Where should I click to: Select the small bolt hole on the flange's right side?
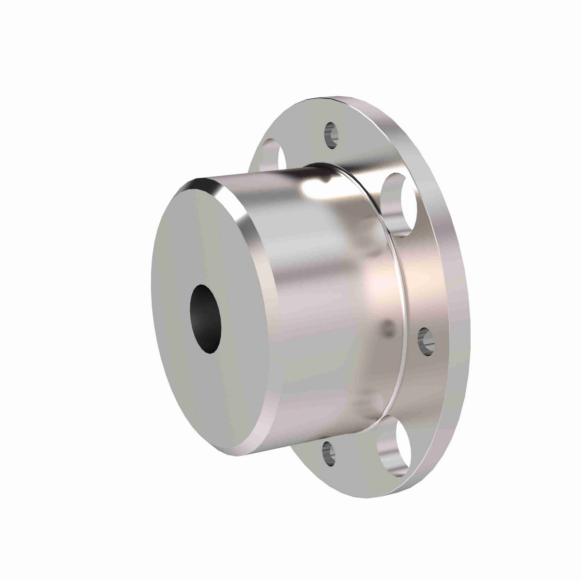[x=425, y=338]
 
